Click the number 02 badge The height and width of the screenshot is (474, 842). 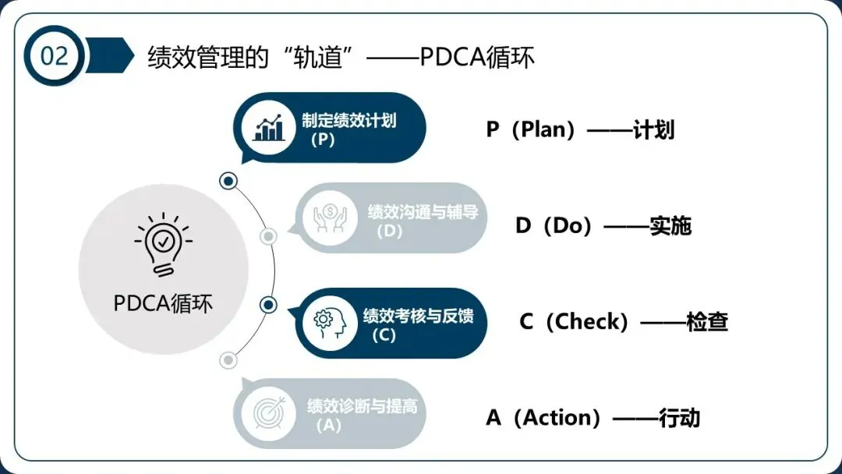pyautogui.click(x=54, y=56)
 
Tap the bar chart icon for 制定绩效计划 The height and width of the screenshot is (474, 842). pyautogui.click(x=269, y=128)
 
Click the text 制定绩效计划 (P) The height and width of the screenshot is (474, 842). pyautogui.click(x=348, y=129)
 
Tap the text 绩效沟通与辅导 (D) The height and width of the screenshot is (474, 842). pyautogui.click(x=422, y=221)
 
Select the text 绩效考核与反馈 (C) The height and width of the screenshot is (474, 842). pyautogui.click(x=417, y=324)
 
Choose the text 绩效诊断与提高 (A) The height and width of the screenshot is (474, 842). pyautogui.click(x=362, y=415)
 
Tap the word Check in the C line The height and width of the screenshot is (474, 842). pyautogui.click(x=597, y=322)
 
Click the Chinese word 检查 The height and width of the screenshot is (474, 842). pyautogui.click(x=707, y=322)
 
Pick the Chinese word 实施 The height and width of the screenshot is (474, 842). pyautogui.click(x=670, y=226)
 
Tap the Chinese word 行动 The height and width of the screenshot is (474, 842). pyautogui.click(x=679, y=418)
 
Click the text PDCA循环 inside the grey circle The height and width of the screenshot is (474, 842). pyautogui.click(x=163, y=302)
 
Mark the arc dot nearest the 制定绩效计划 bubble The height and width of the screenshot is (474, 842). pyautogui.click(x=228, y=181)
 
